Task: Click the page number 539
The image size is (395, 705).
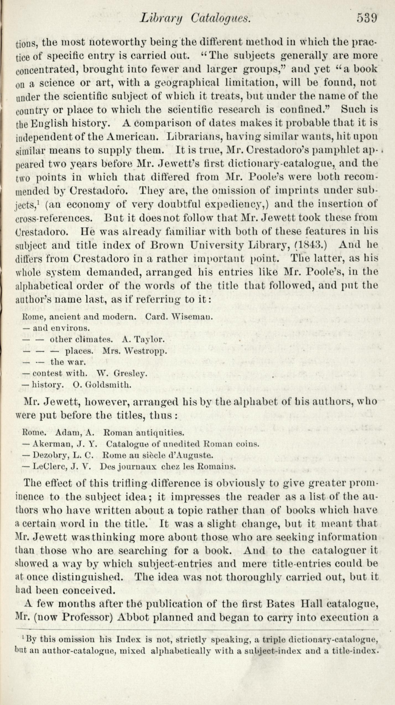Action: tap(367, 18)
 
